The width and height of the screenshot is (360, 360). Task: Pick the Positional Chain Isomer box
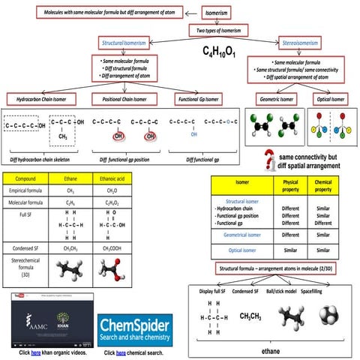pyautogui.click(x=124, y=98)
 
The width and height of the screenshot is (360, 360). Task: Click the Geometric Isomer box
pyautogui.click(x=275, y=98)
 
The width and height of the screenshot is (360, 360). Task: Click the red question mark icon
pyautogui.click(x=267, y=159)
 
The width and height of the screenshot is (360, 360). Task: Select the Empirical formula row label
pyautogui.click(x=28, y=192)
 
